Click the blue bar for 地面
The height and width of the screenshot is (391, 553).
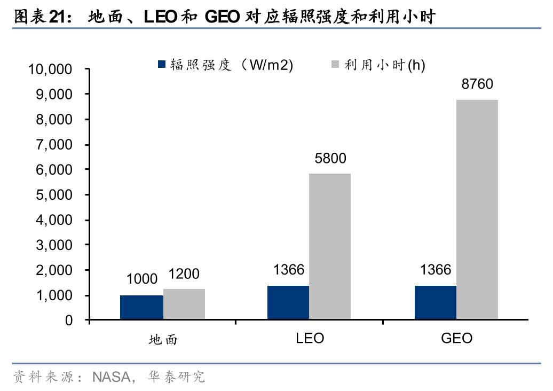click(141, 308)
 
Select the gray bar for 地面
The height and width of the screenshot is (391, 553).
click(184, 304)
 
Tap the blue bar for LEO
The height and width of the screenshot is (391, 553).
click(288, 303)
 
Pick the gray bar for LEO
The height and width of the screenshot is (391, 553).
click(330, 247)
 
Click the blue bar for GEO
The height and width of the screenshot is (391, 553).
click(436, 303)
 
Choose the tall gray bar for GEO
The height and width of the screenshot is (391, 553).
click(477, 210)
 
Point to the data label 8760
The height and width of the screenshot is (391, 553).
click(477, 84)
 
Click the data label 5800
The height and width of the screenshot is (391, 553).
click(330, 158)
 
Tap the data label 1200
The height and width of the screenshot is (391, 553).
click(184, 275)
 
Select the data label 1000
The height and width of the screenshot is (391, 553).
click(142, 279)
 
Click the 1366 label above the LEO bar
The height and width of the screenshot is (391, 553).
click(289, 270)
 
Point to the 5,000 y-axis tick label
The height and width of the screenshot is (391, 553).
click(53, 195)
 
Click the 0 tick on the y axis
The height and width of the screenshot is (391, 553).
click(69, 320)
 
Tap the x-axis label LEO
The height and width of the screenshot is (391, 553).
click(310, 339)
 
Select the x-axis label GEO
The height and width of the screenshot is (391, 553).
click(457, 339)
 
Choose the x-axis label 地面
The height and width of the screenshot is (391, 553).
click(162, 340)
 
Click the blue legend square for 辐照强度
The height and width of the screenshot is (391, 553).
click(162, 65)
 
